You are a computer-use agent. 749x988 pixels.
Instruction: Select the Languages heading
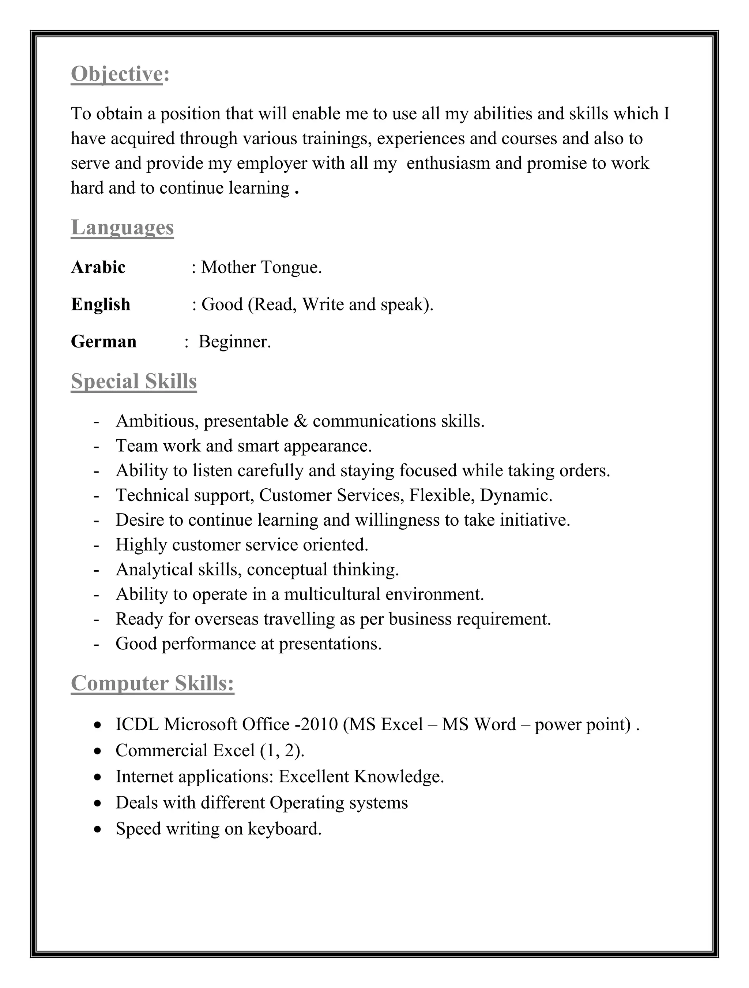click(122, 227)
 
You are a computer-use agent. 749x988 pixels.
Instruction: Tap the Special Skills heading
click(133, 381)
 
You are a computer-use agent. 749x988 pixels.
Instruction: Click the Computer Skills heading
click(152, 683)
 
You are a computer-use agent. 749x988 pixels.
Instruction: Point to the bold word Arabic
click(98, 267)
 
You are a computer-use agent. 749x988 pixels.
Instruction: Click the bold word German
click(103, 341)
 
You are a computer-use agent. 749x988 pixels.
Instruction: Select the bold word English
click(101, 304)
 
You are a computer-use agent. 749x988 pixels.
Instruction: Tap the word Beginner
click(234, 342)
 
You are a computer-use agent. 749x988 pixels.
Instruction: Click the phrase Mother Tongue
click(261, 268)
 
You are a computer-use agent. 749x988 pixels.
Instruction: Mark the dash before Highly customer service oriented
click(96, 545)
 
